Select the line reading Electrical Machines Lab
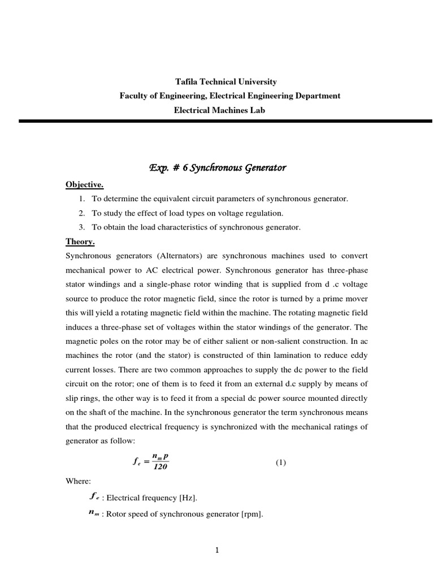click(x=219, y=110)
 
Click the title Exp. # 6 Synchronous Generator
click(x=218, y=168)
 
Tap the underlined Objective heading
click(x=85, y=185)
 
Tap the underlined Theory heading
click(x=80, y=242)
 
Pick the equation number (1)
click(x=281, y=462)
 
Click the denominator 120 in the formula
click(x=161, y=467)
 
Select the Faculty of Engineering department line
click(x=229, y=96)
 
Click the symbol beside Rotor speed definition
click(x=94, y=513)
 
